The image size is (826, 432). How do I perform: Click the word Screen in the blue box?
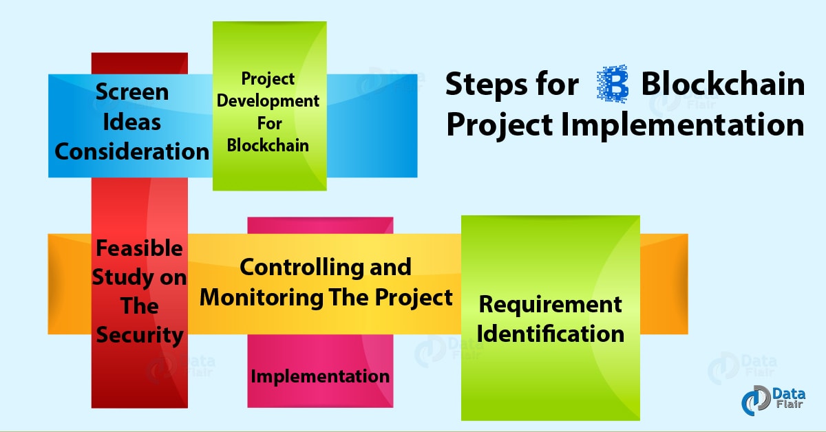tap(131, 91)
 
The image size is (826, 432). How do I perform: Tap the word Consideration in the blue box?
tap(131, 151)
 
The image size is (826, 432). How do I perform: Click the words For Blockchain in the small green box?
tap(269, 135)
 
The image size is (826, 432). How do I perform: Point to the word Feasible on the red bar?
tap(139, 248)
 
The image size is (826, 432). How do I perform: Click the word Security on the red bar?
tap(140, 334)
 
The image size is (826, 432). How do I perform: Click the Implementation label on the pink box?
tap(320, 376)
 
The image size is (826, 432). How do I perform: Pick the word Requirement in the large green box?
tap(550, 303)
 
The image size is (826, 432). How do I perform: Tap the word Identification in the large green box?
tap(550, 334)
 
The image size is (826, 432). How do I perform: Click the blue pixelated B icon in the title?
tap(611, 85)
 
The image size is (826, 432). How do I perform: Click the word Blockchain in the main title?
tap(723, 85)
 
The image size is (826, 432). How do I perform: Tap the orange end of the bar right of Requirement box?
tap(664, 283)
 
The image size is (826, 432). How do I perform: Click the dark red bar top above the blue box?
tap(130, 63)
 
